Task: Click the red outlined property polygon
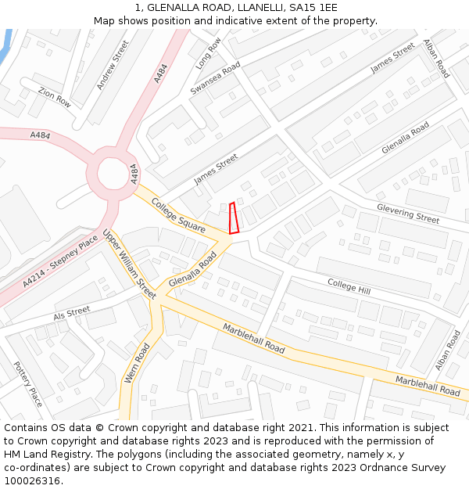233,218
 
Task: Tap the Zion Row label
55,98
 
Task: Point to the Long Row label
209,52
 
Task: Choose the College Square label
178,215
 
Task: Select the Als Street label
72,314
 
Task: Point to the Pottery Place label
27,383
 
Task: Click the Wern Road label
136,363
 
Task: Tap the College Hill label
349,286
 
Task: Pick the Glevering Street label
408,213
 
